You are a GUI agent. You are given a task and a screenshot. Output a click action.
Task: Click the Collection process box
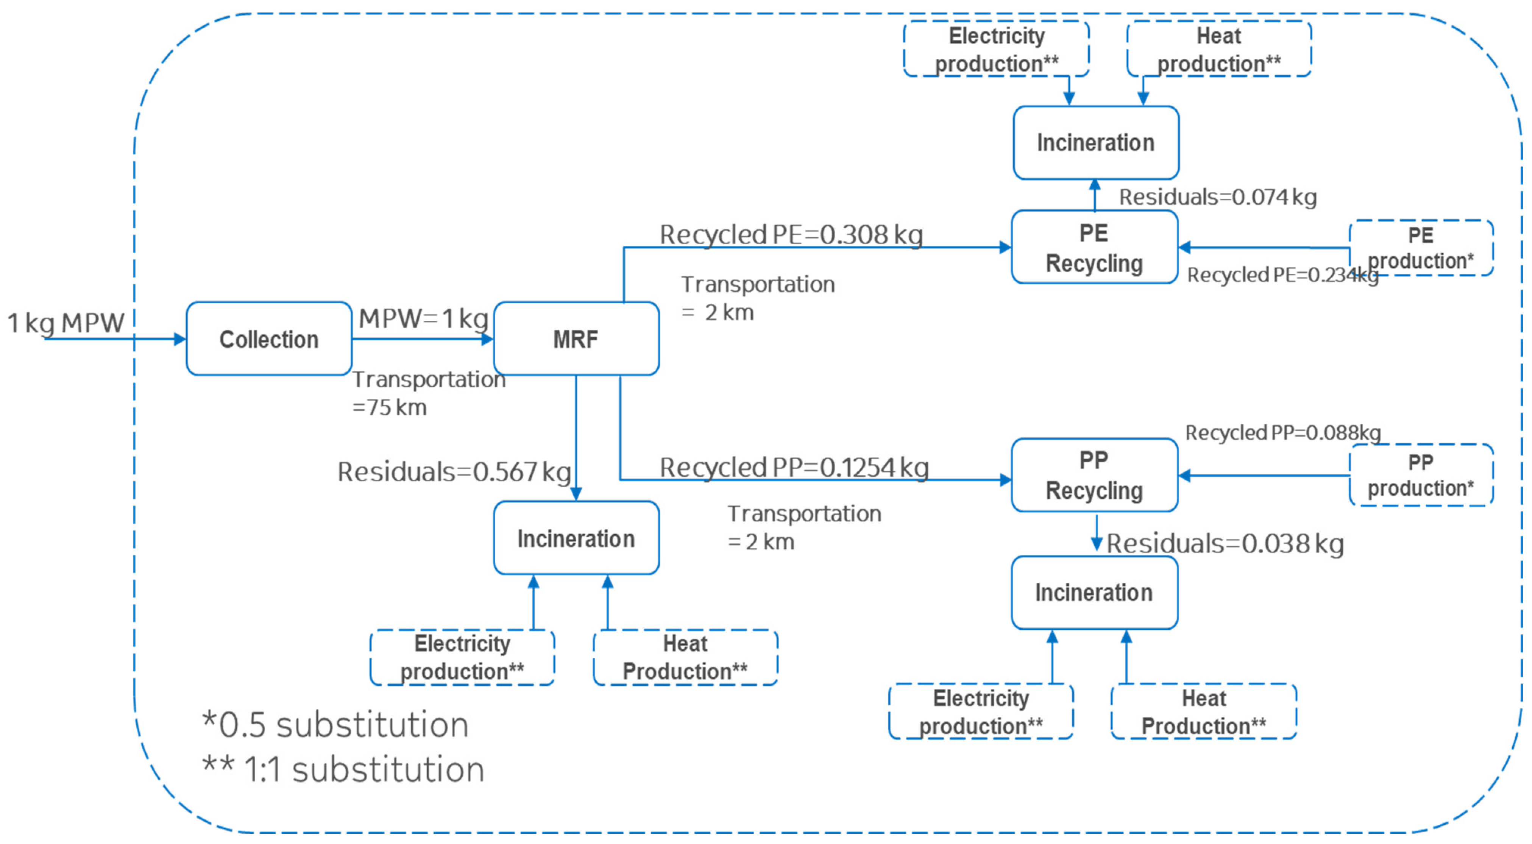pyautogui.click(x=269, y=339)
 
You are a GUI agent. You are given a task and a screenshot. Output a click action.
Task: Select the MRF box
pyautogui.click(x=576, y=339)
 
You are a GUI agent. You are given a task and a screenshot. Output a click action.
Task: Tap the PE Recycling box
pyautogui.click(x=1094, y=247)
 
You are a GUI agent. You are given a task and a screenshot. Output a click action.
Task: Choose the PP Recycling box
pyautogui.click(x=1094, y=475)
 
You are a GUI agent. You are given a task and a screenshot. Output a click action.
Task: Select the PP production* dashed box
pyautogui.click(x=1421, y=475)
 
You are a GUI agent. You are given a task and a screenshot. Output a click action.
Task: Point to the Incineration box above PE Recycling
pyautogui.click(x=1095, y=143)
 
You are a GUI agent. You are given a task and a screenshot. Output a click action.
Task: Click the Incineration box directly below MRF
pyautogui.click(x=576, y=538)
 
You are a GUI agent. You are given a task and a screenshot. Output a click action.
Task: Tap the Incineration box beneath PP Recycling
pyautogui.click(x=1094, y=593)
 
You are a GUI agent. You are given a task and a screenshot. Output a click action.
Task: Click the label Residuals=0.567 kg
pyautogui.click(x=454, y=472)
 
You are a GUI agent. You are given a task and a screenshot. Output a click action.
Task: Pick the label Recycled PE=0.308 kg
pyautogui.click(x=791, y=234)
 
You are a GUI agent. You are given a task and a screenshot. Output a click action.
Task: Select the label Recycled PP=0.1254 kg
pyautogui.click(x=794, y=468)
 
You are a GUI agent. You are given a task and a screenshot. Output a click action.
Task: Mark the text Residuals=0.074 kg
pyautogui.click(x=1217, y=197)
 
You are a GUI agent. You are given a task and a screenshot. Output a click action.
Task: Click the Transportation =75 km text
pyautogui.click(x=428, y=393)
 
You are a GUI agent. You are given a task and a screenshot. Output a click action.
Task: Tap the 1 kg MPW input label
pyautogui.click(x=66, y=323)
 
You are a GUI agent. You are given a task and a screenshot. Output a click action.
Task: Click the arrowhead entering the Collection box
pyautogui.click(x=179, y=339)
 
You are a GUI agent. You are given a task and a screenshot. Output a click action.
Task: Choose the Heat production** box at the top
pyautogui.click(x=1218, y=49)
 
